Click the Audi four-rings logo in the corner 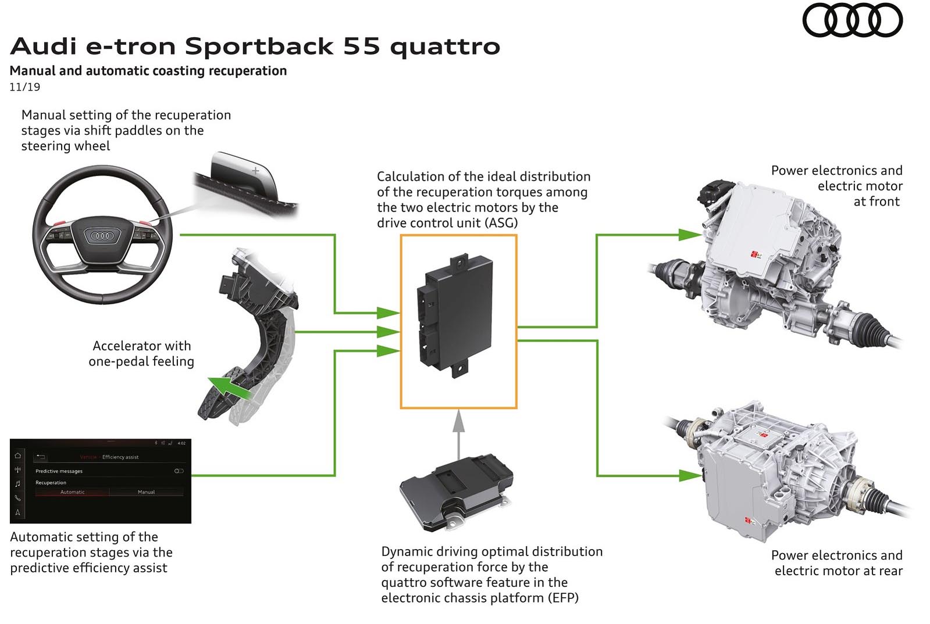pos(852,20)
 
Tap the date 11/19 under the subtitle pos(25,87)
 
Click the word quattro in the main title pos(445,46)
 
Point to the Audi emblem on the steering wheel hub pos(102,236)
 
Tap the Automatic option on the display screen pos(73,492)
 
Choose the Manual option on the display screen pos(146,492)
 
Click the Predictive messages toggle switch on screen pos(179,471)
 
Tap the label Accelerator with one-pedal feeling pos(141,353)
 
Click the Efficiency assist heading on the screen pos(120,457)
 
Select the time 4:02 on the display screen pos(181,443)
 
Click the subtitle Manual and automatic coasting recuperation pos(148,71)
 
